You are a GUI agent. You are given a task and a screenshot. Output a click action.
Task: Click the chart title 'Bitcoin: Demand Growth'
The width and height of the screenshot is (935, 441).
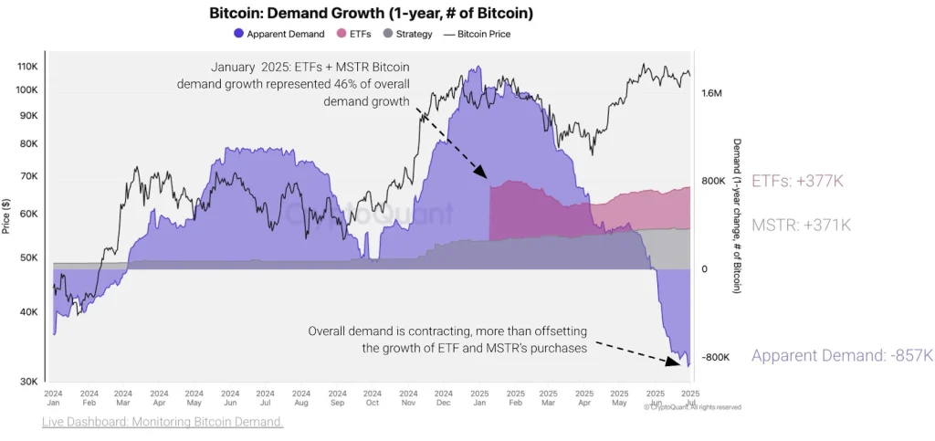371,14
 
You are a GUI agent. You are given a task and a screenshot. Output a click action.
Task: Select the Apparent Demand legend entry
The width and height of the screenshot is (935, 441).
278,34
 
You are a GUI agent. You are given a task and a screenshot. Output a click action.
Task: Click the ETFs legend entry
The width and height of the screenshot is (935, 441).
353,34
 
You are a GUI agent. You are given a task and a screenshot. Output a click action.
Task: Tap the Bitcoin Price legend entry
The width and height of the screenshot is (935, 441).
477,34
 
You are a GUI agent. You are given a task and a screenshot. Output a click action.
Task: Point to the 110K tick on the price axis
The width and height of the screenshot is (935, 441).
27,67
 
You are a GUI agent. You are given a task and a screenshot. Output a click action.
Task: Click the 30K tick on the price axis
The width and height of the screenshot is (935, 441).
29,382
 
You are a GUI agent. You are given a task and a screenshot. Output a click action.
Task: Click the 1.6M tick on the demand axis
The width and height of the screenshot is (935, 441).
712,93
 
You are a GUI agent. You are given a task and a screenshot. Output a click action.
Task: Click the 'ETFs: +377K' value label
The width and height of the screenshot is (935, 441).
797,181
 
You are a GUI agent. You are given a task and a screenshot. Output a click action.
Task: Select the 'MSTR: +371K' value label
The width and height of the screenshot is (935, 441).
801,225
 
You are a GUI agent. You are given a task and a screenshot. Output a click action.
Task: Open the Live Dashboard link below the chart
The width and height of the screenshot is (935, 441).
163,422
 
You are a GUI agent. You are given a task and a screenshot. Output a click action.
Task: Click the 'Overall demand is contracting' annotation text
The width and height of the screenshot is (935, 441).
447,331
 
